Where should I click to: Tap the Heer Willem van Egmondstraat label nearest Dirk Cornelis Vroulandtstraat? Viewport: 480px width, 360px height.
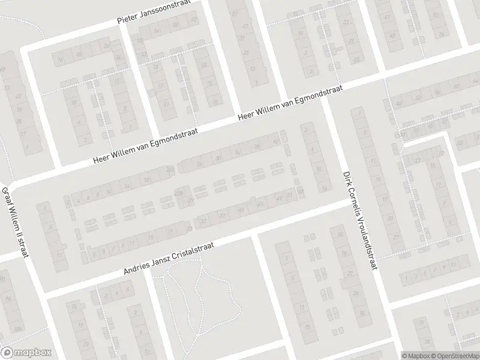pyautogui.click(x=290, y=102)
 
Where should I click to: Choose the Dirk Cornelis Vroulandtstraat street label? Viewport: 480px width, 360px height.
pyautogui.click(x=358, y=220)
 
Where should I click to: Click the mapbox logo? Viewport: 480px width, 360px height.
pyautogui.click(x=26, y=352)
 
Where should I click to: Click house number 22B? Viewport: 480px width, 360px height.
pyautogui.click(x=179, y=192)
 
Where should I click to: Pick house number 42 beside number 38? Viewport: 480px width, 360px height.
pyautogui.click(x=275, y=142)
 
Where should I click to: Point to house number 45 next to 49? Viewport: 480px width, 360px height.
pyautogui.click(x=260, y=204)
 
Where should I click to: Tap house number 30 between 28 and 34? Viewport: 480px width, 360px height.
pyautogui.click(x=218, y=158)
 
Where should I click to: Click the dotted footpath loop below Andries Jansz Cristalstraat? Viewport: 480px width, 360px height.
pyautogui.click(x=198, y=300)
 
